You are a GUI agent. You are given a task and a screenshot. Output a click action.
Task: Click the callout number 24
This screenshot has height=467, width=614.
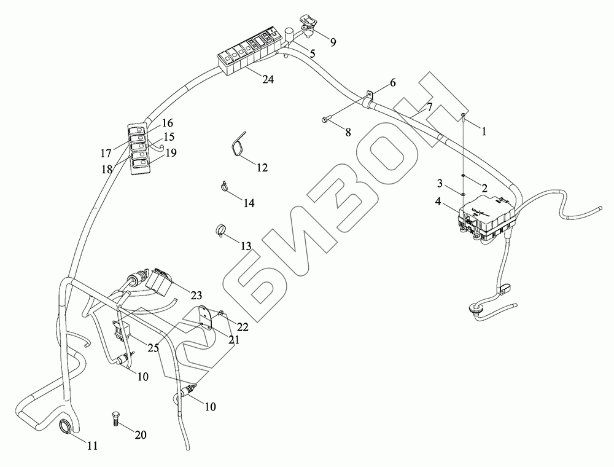point(267,79)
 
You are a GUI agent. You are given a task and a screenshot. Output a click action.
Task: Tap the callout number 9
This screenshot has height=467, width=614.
point(333,42)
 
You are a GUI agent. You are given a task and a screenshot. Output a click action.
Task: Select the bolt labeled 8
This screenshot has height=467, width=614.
point(325,120)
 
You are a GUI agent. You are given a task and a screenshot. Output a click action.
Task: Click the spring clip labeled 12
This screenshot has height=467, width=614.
point(238,144)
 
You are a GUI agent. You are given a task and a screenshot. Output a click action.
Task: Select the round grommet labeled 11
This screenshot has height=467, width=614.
point(66,427)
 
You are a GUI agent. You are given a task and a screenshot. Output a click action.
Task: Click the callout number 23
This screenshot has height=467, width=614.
point(196,294)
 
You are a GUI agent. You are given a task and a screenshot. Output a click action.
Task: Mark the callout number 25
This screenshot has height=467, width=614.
point(153,348)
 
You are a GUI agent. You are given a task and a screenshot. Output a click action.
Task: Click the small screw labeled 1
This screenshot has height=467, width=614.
point(464,115)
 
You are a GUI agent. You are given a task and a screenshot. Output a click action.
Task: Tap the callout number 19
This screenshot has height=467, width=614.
point(171,152)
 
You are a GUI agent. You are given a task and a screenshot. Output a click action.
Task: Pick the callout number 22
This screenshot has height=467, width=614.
point(243,326)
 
